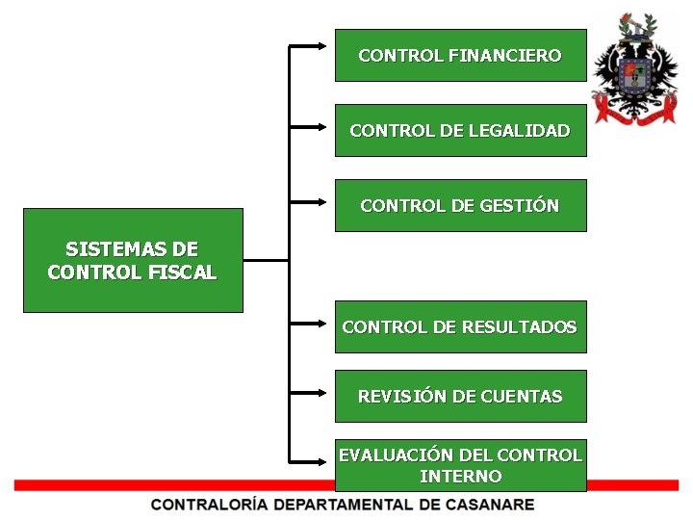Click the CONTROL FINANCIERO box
(x=460, y=55)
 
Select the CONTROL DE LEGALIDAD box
(x=460, y=130)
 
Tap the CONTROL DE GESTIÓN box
(x=460, y=205)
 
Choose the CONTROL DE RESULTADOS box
(x=460, y=326)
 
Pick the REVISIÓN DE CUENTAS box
(x=460, y=396)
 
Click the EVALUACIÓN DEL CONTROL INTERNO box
(x=460, y=465)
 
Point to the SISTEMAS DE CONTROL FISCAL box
(x=133, y=260)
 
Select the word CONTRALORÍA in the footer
(x=209, y=505)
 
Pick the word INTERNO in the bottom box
(x=460, y=476)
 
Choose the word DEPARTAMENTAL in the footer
(x=338, y=505)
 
